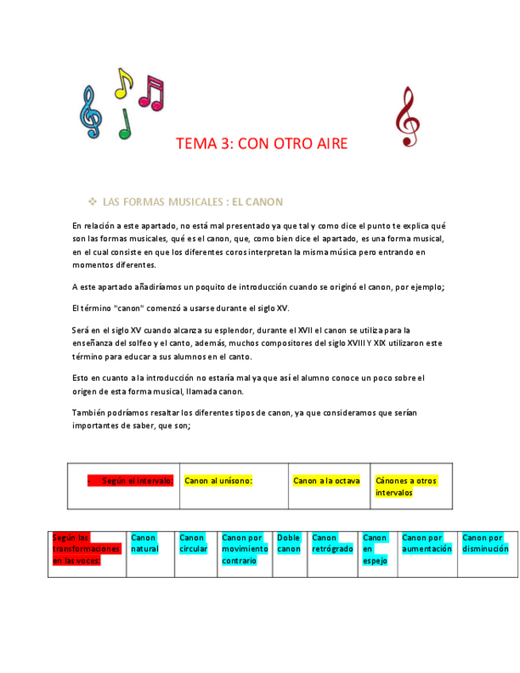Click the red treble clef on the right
coord(407,117)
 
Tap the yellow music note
coord(124,83)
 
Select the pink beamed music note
coord(151,94)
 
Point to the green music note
coord(124,125)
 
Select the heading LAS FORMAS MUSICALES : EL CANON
coord(193,202)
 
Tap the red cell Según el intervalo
coord(132,481)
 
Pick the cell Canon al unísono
coord(218,481)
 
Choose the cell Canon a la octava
coord(326,481)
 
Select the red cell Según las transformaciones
coord(87,548)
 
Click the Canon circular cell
coord(193,543)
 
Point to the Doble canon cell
coord(289,543)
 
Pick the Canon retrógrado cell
coord(332,543)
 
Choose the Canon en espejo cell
coord(375,548)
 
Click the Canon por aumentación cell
coord(426,543)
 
